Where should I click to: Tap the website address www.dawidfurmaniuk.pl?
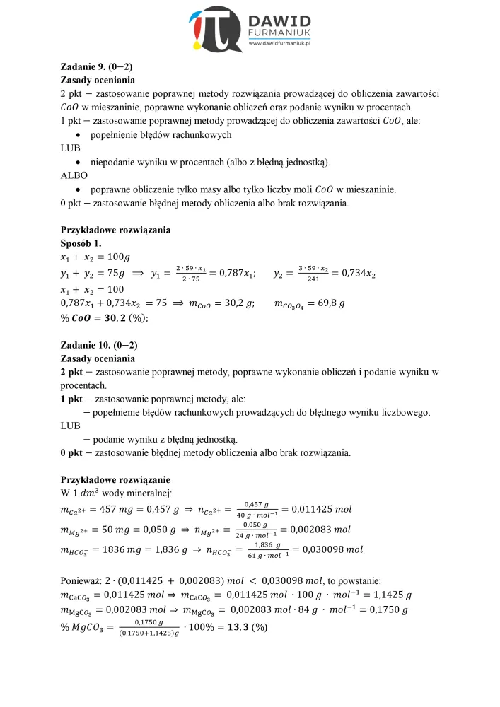tap(281, 45)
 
